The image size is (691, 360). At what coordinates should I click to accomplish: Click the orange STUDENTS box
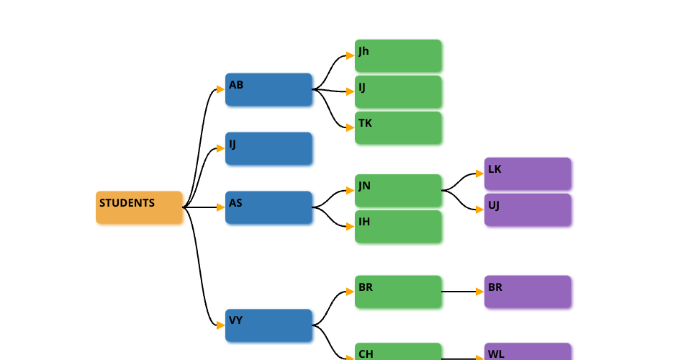click(139, 207)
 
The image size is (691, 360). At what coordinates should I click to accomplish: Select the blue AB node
click(268, 89)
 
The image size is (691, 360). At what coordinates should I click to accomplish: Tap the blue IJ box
click(268, 148)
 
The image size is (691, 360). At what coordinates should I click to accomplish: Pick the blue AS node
click(268, 207)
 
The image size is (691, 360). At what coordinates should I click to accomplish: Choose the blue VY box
click(268, 325)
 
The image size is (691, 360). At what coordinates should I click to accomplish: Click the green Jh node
click(398, 55)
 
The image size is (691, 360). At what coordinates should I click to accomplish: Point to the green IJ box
click(398, 91)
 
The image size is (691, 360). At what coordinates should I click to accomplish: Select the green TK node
click(398, 127)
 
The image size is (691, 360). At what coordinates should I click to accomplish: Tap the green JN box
click(398, 190)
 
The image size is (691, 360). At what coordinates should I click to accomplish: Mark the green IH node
click(398, 226)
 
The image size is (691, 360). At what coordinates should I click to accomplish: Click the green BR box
click(398, 292)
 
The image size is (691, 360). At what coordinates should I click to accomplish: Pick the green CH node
click(398, 352)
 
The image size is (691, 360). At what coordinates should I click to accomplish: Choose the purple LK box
click(528, 174)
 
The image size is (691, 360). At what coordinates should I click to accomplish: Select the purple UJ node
click(528, 210)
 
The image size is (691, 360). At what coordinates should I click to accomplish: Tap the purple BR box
click(528, 292)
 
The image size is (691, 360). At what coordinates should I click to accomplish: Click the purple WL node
click(528, 352)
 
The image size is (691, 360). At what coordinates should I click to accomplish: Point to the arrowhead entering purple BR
click(479, 292)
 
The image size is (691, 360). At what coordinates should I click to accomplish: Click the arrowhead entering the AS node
click(220, 207)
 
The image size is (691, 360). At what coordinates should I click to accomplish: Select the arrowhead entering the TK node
click(350, 127)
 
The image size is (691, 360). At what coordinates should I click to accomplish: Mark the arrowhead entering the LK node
click(479, 174)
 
